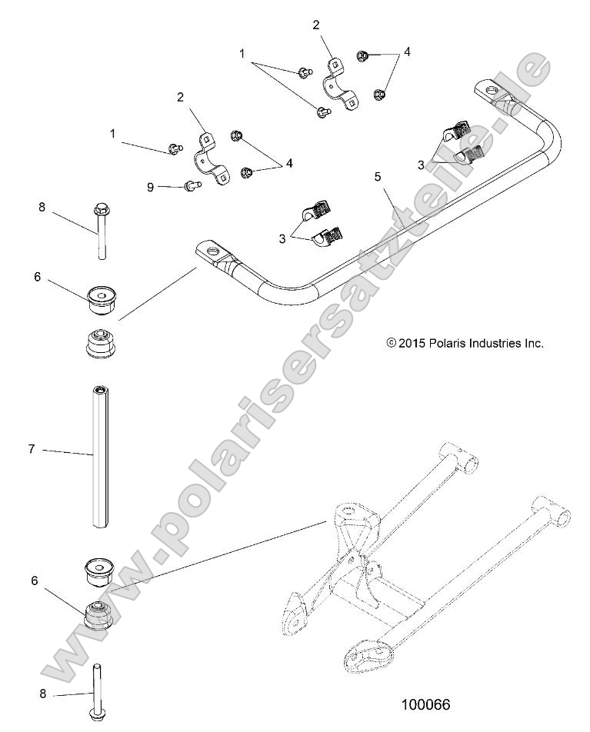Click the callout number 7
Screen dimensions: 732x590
pos(32,449)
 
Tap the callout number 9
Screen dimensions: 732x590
pos(151,186)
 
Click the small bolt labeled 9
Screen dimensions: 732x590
pos(190,185)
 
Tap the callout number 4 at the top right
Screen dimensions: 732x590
pos(407,52)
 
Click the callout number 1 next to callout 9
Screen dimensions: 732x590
pos(112,133)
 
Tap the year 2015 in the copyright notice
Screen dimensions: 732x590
pos(412,343)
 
